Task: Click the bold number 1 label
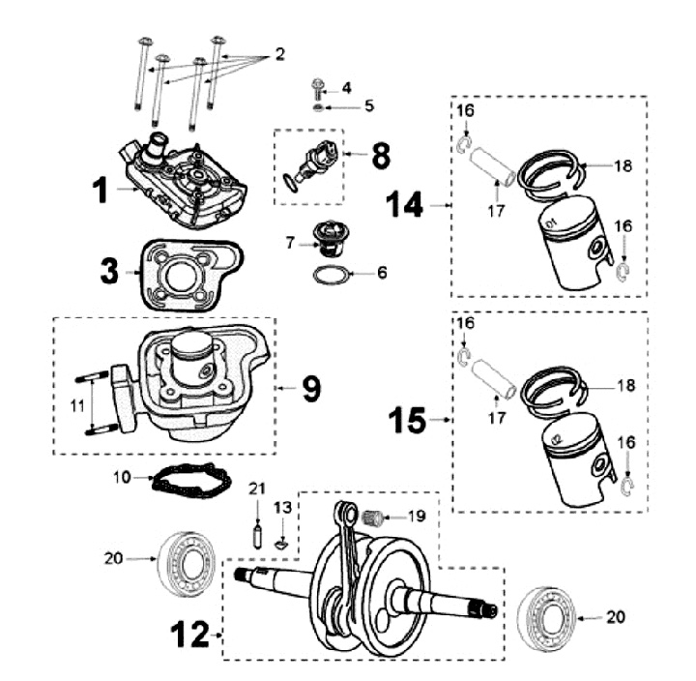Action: [x=100, y=190]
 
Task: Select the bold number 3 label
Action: [x=110, y=268]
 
